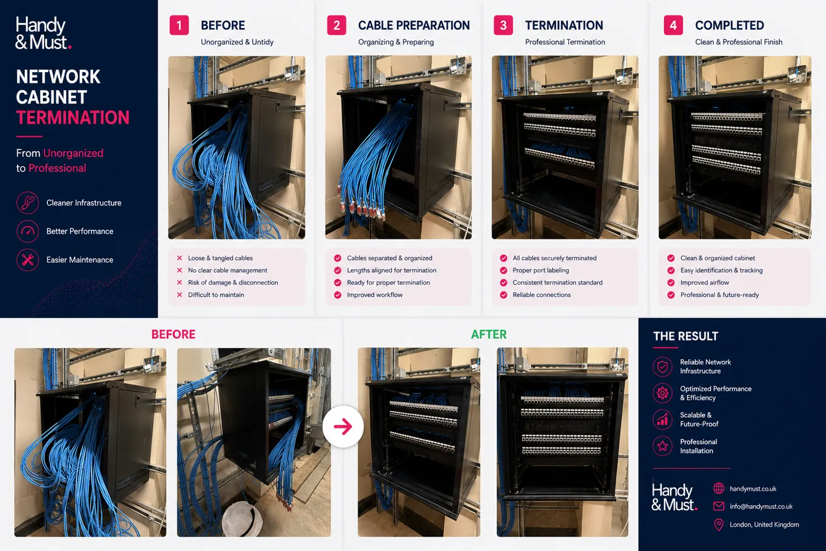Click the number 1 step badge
[x=179, y=25]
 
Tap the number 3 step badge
[x=503, y=25]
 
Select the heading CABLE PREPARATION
[x=414, y=25]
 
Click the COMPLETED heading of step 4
[x=730, y=25]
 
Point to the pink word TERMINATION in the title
[x=73, y=118]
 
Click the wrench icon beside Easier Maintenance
[x=28, y=260]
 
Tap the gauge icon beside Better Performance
[x=28, y=231]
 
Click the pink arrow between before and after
[x=343, y=426]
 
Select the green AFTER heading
[x=488, y=334]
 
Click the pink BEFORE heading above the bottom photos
[x=173, y=334]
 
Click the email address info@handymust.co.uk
[x=761, y=507]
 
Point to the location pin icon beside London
[x=719, y=525]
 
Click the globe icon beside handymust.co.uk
[x=719, y=489]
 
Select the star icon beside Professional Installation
[x=662, y=446]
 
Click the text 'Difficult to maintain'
[x=216, y=295]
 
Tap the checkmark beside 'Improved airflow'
[x=671, y=283]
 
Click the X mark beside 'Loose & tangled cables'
[x=180, y=258]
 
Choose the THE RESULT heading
[x=686, y=336]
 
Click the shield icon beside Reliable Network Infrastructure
[x=662, y=366]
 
